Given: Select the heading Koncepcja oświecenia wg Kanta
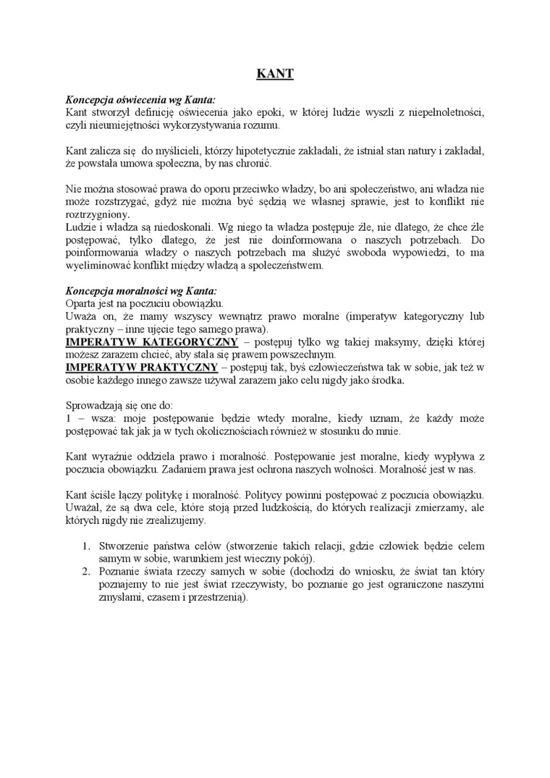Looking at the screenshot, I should point(140,100).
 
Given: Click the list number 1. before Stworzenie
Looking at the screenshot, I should point(85,546).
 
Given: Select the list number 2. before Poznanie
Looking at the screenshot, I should point(85,572).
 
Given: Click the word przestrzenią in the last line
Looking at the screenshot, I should point(219,598).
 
